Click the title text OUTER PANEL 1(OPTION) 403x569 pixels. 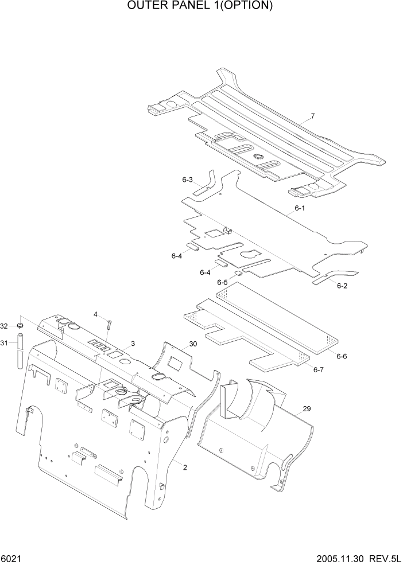click(201, 7)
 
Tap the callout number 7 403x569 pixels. click(312, 116)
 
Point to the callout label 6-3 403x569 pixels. click(187, 180)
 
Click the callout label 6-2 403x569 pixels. click(342, 285)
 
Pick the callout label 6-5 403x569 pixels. click(222, 282)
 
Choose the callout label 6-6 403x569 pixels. click(342, 356)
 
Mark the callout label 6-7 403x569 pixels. click(319, 370)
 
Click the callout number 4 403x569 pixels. click(96, 314)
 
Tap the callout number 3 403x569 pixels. click(133, 344)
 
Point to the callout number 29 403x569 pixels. click(306, 408)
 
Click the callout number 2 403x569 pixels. click(184, 468)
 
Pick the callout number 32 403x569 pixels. click(4, 326)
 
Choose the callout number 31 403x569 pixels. click(4, 343)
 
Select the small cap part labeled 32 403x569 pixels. click(19, 326)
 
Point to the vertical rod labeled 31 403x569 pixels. click(20, 351)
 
